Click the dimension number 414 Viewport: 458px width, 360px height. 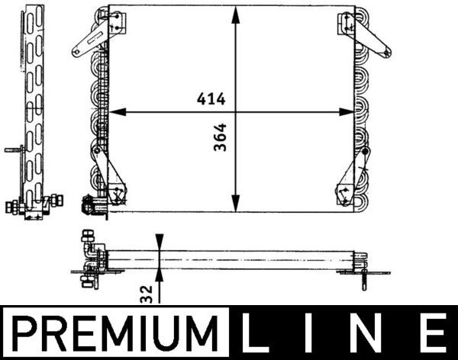(x=211, y=98)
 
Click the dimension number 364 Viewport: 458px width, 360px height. (x=221, y=137)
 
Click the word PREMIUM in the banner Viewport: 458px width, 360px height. (x=114, y=334)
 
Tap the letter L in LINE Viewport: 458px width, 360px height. (x=256, y=333)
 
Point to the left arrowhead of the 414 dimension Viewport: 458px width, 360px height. (x=118, y=112)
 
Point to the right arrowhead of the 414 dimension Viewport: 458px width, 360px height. (x=347, y=112)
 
